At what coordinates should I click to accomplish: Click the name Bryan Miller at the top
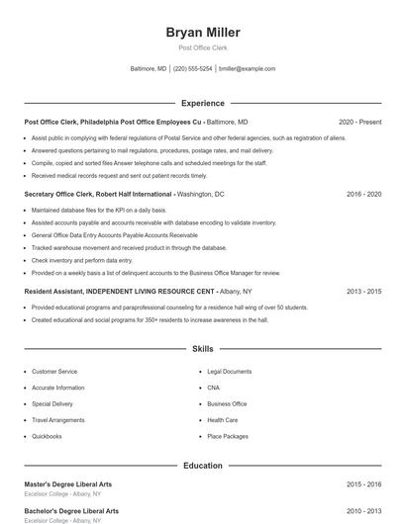click(202, 33)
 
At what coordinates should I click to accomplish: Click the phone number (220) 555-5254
click(192, 69)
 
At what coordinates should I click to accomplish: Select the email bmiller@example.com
click(247, 69)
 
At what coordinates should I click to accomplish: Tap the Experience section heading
click(202, 103)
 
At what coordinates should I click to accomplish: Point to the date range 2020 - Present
click(359, 122)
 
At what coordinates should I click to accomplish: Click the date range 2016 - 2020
click(363, 195)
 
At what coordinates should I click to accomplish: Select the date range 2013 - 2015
click(363, 292)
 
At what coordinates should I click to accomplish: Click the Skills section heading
click(202, 349)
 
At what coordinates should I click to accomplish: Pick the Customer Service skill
click(54, 372)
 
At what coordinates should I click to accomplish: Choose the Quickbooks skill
click(47, 436)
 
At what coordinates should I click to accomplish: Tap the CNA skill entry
click(213, 388)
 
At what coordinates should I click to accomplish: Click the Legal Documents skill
click(230, 372)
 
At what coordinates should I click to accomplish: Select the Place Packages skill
click(228, 436)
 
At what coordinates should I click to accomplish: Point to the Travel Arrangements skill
click(58, 420)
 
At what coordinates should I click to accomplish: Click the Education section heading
click(202, 465)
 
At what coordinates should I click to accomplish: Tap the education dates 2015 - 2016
click(363, 484)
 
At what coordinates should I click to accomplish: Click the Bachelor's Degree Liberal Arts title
click(71, 511)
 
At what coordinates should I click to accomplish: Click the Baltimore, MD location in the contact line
click(149, 69)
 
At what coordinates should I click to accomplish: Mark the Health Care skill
click(222, 420)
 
